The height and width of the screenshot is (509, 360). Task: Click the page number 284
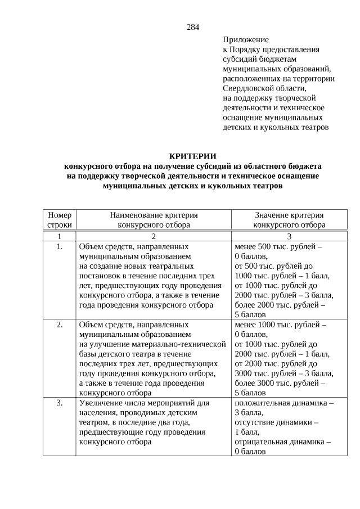click(x=193, y=27)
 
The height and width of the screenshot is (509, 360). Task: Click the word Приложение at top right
click(x=246, y=40)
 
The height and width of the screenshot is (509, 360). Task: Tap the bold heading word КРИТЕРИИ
click(x=193, y=156)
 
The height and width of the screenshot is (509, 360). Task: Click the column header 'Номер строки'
click(x=60, y=219)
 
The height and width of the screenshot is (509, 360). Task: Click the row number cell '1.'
click(x=60, y=246)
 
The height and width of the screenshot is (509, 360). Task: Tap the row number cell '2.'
click(x=60, y=325)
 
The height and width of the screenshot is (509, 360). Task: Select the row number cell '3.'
click(x=60, y=403)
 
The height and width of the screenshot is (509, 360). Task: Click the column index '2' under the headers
click(x=154, y=236)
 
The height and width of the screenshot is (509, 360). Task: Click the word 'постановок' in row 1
click(x=100, y=276)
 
